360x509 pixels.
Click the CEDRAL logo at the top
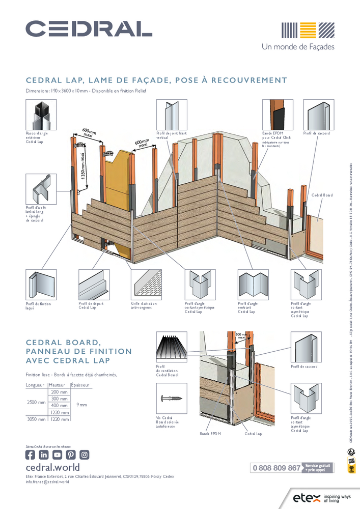89,29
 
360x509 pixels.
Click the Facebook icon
31,455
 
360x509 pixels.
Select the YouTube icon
57,455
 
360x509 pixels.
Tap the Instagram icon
84,455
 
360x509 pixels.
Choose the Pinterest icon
71,455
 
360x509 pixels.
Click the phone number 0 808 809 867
276,468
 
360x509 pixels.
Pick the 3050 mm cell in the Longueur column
36,419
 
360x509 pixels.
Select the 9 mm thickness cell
81,405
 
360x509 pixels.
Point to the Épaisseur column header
80,385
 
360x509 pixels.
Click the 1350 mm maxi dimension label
82,166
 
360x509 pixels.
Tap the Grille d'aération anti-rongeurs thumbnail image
147,285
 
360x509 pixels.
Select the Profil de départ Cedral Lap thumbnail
94,285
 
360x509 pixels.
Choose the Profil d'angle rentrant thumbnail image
253,285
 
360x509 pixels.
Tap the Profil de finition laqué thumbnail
41,285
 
